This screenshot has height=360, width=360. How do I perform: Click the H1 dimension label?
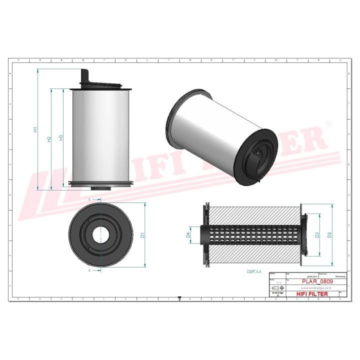click(x=35, y=130)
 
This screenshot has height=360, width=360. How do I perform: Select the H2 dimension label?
click(x=48, y=139)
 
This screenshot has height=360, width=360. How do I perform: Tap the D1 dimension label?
click(x=142, y=235)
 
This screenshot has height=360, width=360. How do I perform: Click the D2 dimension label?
click(x=329, y=235)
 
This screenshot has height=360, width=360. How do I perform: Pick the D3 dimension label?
click(x=317, y=235)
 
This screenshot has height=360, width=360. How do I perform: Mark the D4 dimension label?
click(x=188, y=234)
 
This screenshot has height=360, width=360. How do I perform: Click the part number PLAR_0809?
click(x=316, y=281)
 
